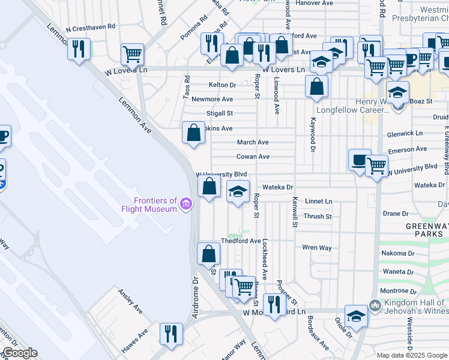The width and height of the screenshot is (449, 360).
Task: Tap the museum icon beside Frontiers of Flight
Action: click(x=187, y=205)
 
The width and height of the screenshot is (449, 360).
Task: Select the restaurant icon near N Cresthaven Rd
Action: click(x=79, y=49)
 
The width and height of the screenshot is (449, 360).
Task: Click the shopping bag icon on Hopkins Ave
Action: click(x=193, y=133)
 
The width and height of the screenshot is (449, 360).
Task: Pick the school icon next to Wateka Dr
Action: click(x=238, y=192)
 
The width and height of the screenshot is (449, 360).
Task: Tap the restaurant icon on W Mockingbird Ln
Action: click(x=274, y=304)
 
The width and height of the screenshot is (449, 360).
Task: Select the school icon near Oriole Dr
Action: click(x=356, y=316)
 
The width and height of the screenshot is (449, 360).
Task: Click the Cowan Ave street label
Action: click(x=253, y=157)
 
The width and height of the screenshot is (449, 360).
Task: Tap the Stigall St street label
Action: click(x=219, y=113)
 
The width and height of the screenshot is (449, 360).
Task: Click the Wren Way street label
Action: click(x=317, y=247)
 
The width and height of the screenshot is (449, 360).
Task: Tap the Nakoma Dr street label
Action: click(x=394, y=253)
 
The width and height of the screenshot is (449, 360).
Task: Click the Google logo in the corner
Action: click(x=19, y=353)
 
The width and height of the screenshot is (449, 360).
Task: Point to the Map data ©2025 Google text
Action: click(x=412, y=355)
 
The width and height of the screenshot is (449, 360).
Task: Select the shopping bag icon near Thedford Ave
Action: click(x=208, y=253)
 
